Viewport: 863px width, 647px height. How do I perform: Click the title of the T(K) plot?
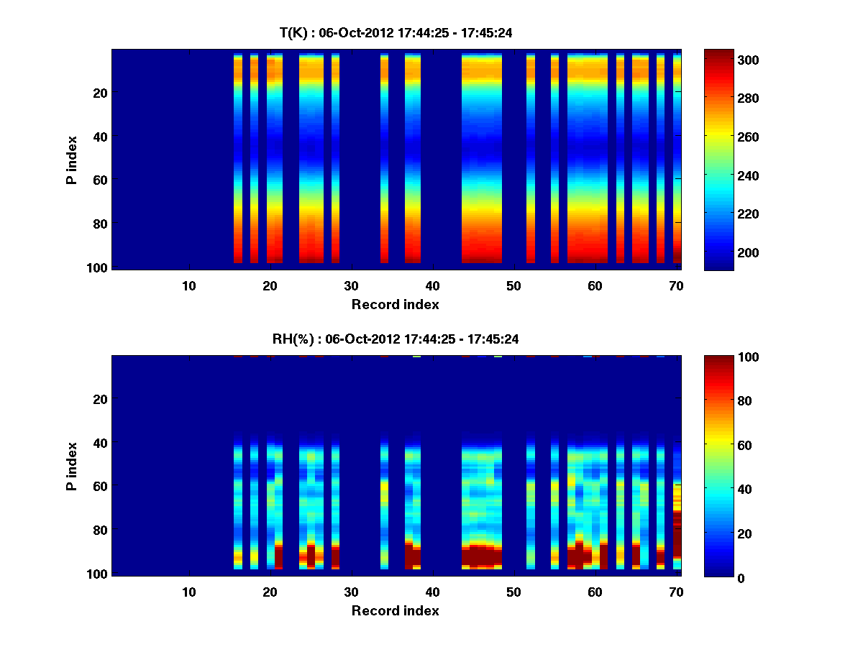(396, 33)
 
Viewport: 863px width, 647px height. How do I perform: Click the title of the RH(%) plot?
(396, 339)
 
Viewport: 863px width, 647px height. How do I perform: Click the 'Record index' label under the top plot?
(396, 304)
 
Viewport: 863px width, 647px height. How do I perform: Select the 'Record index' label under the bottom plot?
(396, 610)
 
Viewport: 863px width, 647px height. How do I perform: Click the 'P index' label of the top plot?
(72, 159)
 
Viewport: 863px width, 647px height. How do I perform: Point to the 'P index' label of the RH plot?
(72, 465)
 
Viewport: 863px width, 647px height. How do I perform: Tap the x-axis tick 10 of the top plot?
(188, 285)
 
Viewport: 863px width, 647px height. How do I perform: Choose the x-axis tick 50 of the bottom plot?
(513, 592)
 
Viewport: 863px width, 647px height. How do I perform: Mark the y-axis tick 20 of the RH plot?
(99, 399)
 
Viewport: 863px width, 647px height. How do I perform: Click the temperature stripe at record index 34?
(384, 158)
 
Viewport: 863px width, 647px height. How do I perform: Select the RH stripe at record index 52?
(531, 503)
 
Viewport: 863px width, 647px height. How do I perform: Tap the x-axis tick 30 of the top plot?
(351, 285)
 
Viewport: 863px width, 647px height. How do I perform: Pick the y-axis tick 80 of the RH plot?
(99, 531)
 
